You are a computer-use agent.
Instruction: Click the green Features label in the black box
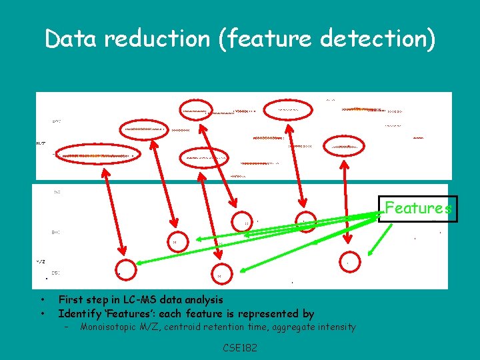click(x=418, y=208)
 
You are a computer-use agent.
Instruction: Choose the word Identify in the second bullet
click(x=79, y=313)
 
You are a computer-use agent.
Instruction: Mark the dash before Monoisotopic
click(x=67, y=327)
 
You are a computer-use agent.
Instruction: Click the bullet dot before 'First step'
click(x=42, y=300)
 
